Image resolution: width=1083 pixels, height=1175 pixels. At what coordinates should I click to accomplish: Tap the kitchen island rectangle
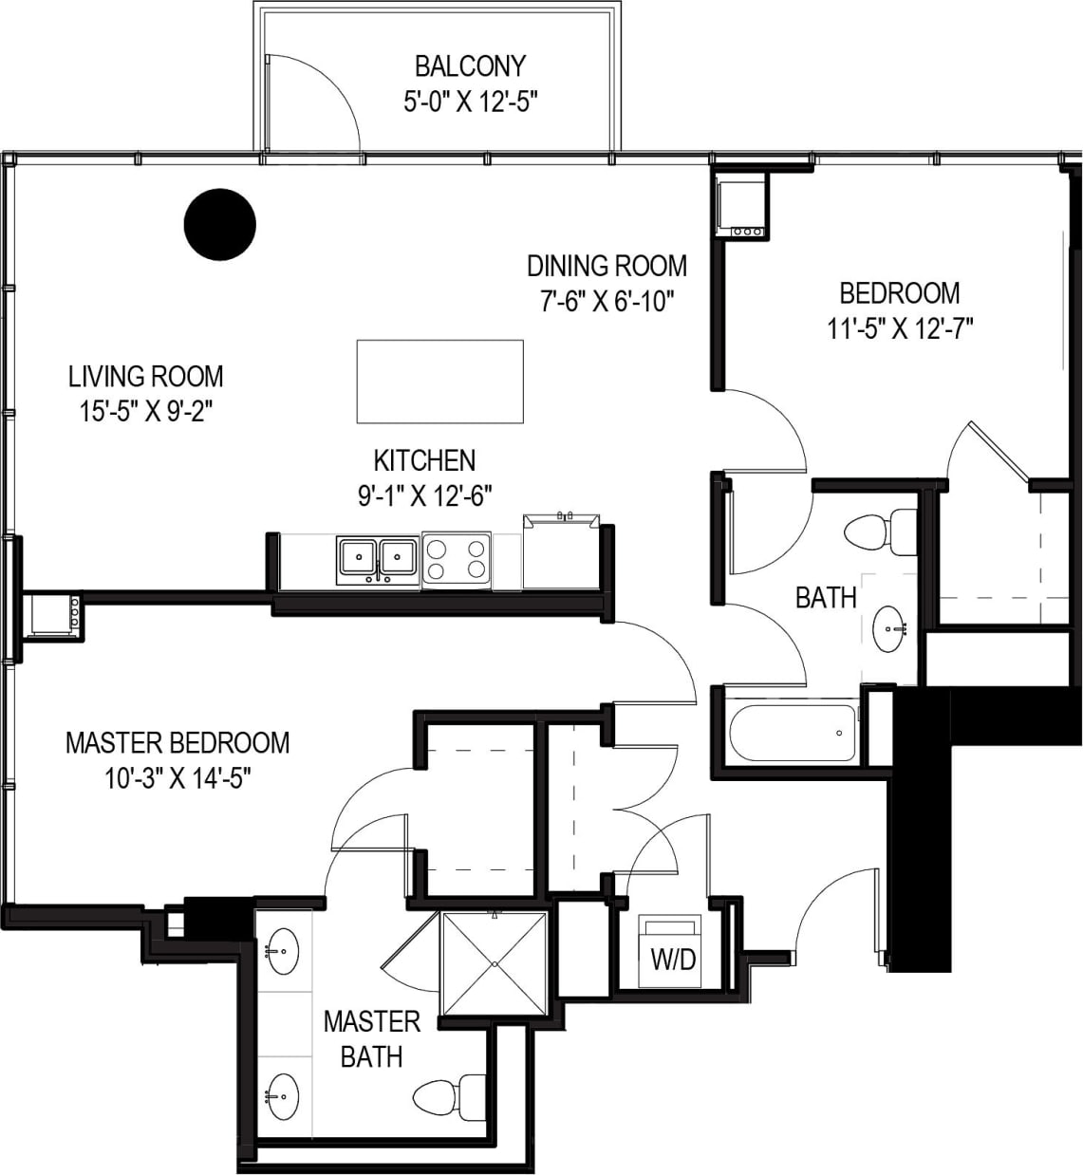(x=439, y=382)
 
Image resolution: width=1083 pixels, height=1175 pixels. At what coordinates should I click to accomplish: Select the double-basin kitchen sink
(x=377, y=560)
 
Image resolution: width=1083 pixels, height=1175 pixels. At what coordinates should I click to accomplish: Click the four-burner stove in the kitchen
(x=457, y=560)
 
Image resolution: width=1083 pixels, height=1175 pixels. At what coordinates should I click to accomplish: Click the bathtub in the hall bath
(x=792, y=733)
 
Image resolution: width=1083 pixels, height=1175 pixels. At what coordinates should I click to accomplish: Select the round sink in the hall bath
(x=890, y=628)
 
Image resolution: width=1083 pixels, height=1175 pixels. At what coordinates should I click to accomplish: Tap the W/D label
(x=673, y=960)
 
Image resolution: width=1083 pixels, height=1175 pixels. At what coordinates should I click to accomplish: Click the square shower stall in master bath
(x=495, y=962)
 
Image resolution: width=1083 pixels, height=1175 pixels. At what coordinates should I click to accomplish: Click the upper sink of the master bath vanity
(x=282, y=951)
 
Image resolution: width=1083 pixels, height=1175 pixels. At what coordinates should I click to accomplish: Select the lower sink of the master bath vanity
(x=282, y=1096)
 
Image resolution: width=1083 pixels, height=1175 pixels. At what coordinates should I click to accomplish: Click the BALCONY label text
(x=470, y=66)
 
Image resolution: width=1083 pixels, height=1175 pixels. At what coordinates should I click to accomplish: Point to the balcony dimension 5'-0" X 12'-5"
(x=471, y=102)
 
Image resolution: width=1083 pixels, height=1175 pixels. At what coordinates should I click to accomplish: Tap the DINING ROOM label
(x=607, y=266)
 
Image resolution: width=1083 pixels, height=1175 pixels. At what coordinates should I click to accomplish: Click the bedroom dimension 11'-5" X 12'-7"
(x=900, y=328)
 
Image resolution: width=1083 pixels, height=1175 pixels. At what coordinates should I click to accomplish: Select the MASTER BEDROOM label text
(x=177, y=742)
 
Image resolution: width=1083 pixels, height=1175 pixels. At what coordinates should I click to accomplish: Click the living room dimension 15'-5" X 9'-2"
(x=145, y=412)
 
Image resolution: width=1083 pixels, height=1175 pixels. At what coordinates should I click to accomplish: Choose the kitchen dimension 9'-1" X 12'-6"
(x=424, y=495)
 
